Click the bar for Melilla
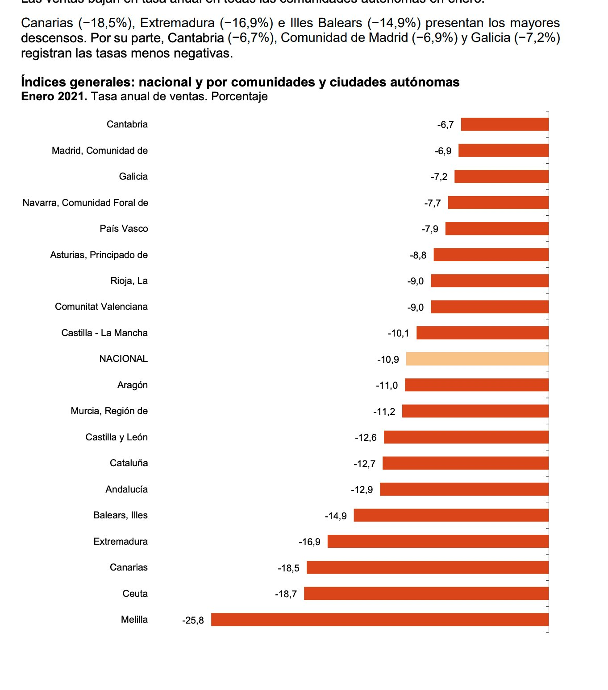pyautogui.click(x=379, y=620)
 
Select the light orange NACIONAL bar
pyautogui.click(x=477, y=359)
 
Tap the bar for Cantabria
pyautogui.click(x=504, y=124)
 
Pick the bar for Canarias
pyautogui.click(x=427, y=567)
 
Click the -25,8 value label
pyautogui.click(x=193, y=620)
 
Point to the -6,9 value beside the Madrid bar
pyautogui.click(x=443, y=151)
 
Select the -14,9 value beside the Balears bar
pyautogui.click(x=336, y=516)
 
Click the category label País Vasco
pyautogui.click(x=124, y=229)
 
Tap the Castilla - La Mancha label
pyautogui.click(x=104, y=333)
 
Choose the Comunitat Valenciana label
pyautogui.click(x=101, y=307)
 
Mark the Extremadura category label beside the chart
pyautogui.click(x=121, y=542)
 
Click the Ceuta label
pyautogui.click(x=135, y=594)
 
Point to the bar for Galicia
pyautogui.click(x=501, y=177)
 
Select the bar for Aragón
pyautogui.click(x=476, y=385)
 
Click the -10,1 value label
pyautogui.click(x=398, y=333)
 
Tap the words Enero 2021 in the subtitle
pyautogui.click(x=54, y=97)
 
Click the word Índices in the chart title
pyautogui.click(x=43, y=82)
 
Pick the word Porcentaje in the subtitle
pyautogui.click(x=239, y=97)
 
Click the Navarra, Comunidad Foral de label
pyautogui.click(x=85, y=203)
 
